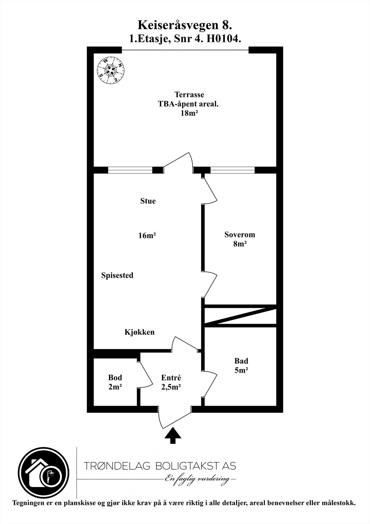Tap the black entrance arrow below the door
173,437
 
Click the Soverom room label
239,234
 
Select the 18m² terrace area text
189,113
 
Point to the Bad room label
241,361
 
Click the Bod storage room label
115,378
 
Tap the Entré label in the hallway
171,378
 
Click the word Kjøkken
139,332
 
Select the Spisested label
117,275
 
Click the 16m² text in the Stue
147,235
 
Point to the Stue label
148,201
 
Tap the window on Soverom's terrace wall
232,170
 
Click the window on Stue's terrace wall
130,170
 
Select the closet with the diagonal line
240,316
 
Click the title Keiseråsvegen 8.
185,25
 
